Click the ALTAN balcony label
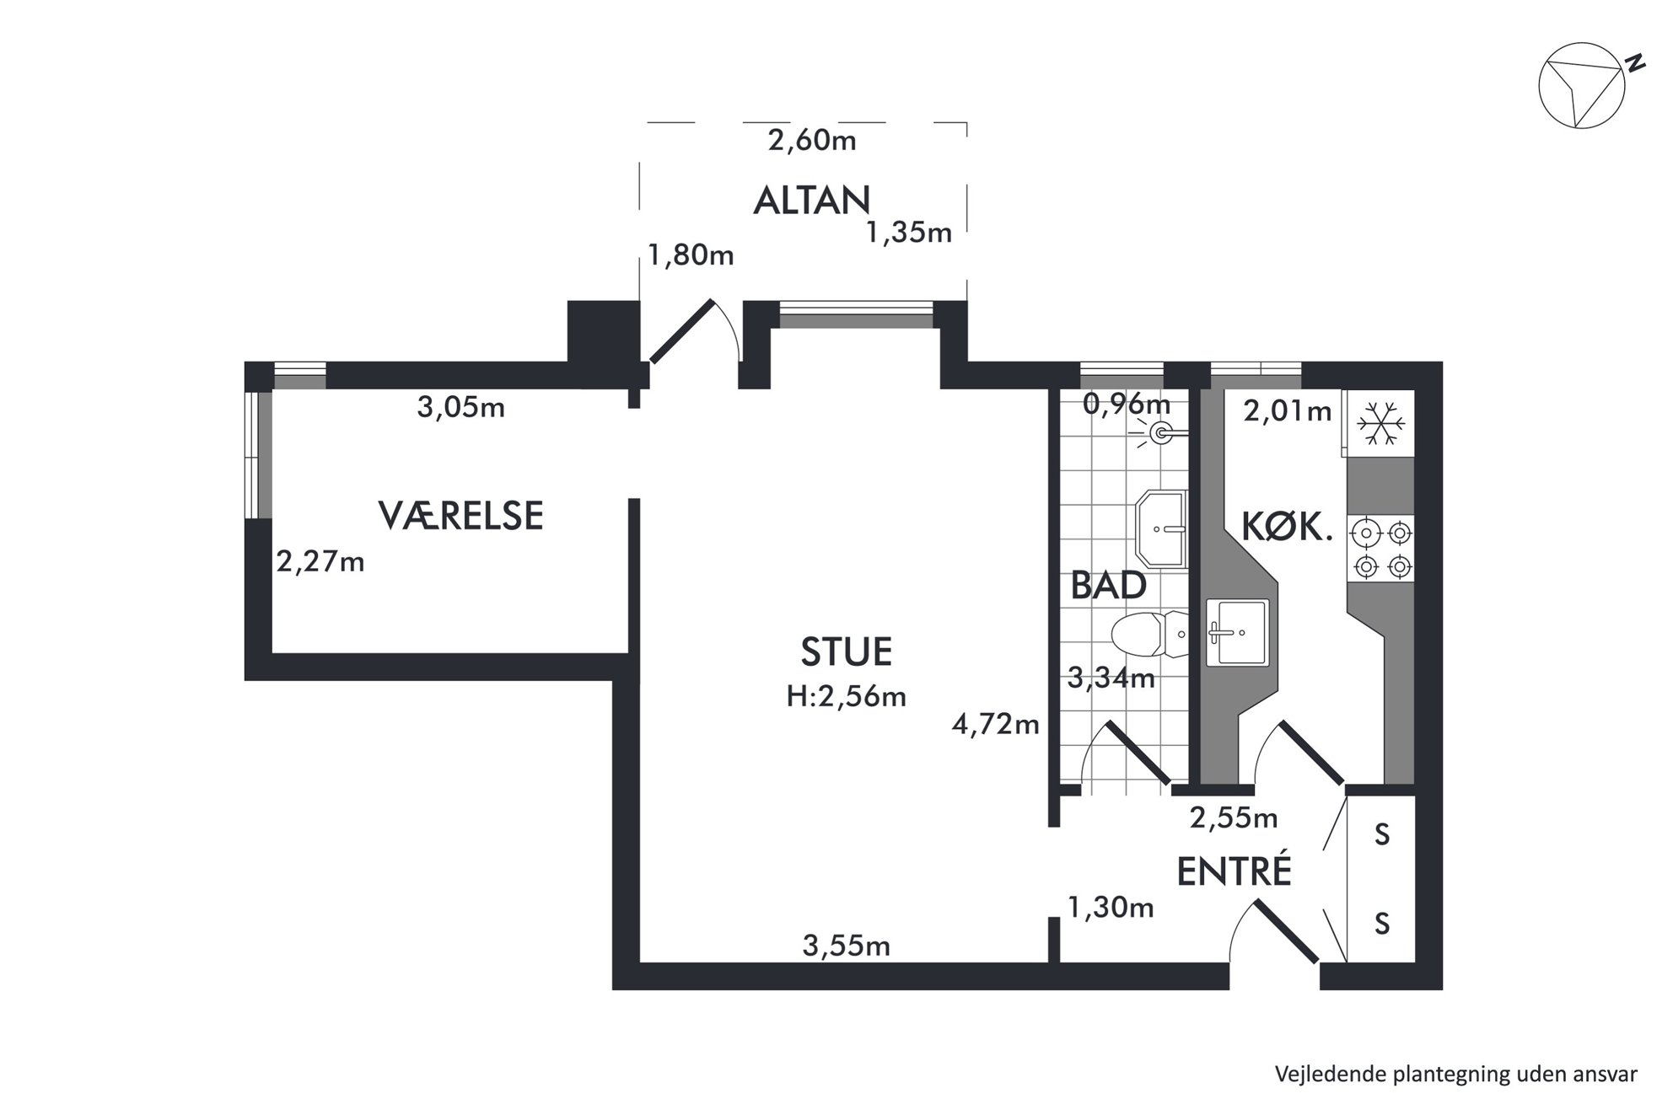coord(811,201)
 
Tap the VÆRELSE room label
coord(460,516)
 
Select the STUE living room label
coord(846,652)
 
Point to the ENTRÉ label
coord(1234,871)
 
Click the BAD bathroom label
coord(1108,586)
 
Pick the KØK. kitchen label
coord(1287,528)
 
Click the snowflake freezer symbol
coord(1380,423)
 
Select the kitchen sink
coord(1237,632)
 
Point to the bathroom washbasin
coord(1161,529)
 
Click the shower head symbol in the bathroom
coord(1165,434)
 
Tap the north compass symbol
coord(1582,85)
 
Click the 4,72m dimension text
coord(996,724)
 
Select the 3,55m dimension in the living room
coord(846,946)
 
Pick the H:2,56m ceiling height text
coord(846,696)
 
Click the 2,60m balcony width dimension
coord(812,140)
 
